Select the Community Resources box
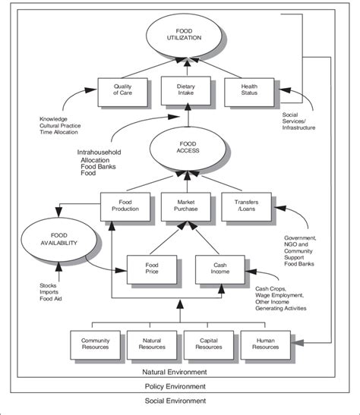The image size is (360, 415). (x=94, y=343)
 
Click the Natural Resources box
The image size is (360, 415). (x=152, y=343)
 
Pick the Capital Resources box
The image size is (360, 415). (x=209, y=343)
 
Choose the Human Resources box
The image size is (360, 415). (x=266, y=343)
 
